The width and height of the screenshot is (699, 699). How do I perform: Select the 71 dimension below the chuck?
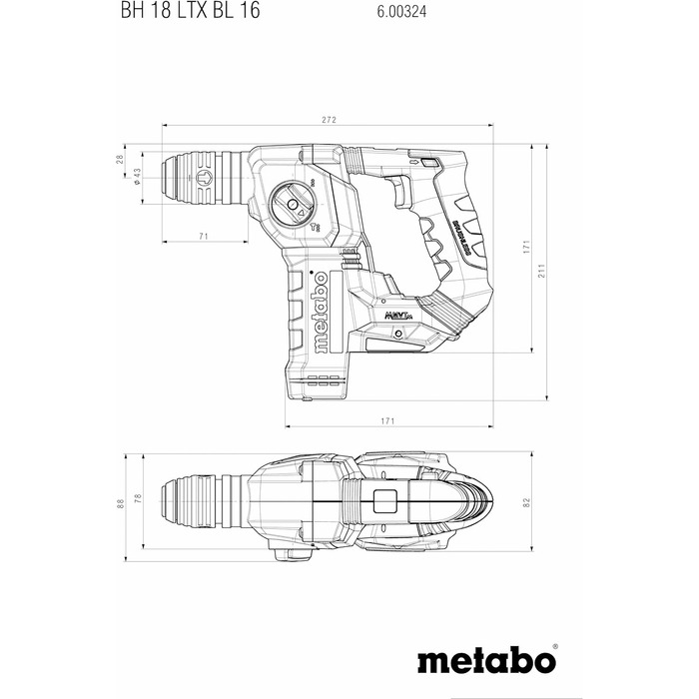pyautogui.click(x=204, y=236)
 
